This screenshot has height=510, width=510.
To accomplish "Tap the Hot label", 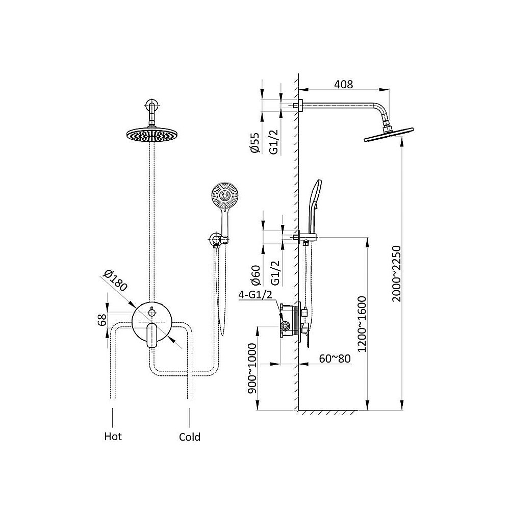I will point(113,437).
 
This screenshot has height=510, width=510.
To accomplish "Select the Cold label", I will point(190,437).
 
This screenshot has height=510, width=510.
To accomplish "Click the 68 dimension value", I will point(102,320).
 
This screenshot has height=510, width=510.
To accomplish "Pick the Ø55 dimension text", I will point(255,143).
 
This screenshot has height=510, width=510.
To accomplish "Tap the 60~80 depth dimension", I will point(335,358).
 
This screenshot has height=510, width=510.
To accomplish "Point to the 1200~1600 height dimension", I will point(362,324).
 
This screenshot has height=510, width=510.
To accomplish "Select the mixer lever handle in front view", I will point(151,334).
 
